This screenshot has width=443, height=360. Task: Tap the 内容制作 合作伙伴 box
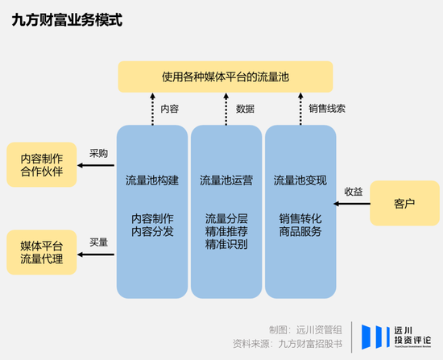[41, 164]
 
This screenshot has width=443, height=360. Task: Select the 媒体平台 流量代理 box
[41, 251]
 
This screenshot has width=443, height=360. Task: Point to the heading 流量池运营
[226, 180]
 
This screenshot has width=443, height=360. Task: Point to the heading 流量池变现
[300, 180]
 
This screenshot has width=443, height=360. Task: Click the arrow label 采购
[98, 153]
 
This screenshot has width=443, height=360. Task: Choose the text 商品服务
[300, 232]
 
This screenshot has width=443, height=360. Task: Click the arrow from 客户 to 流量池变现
[352, 203]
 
